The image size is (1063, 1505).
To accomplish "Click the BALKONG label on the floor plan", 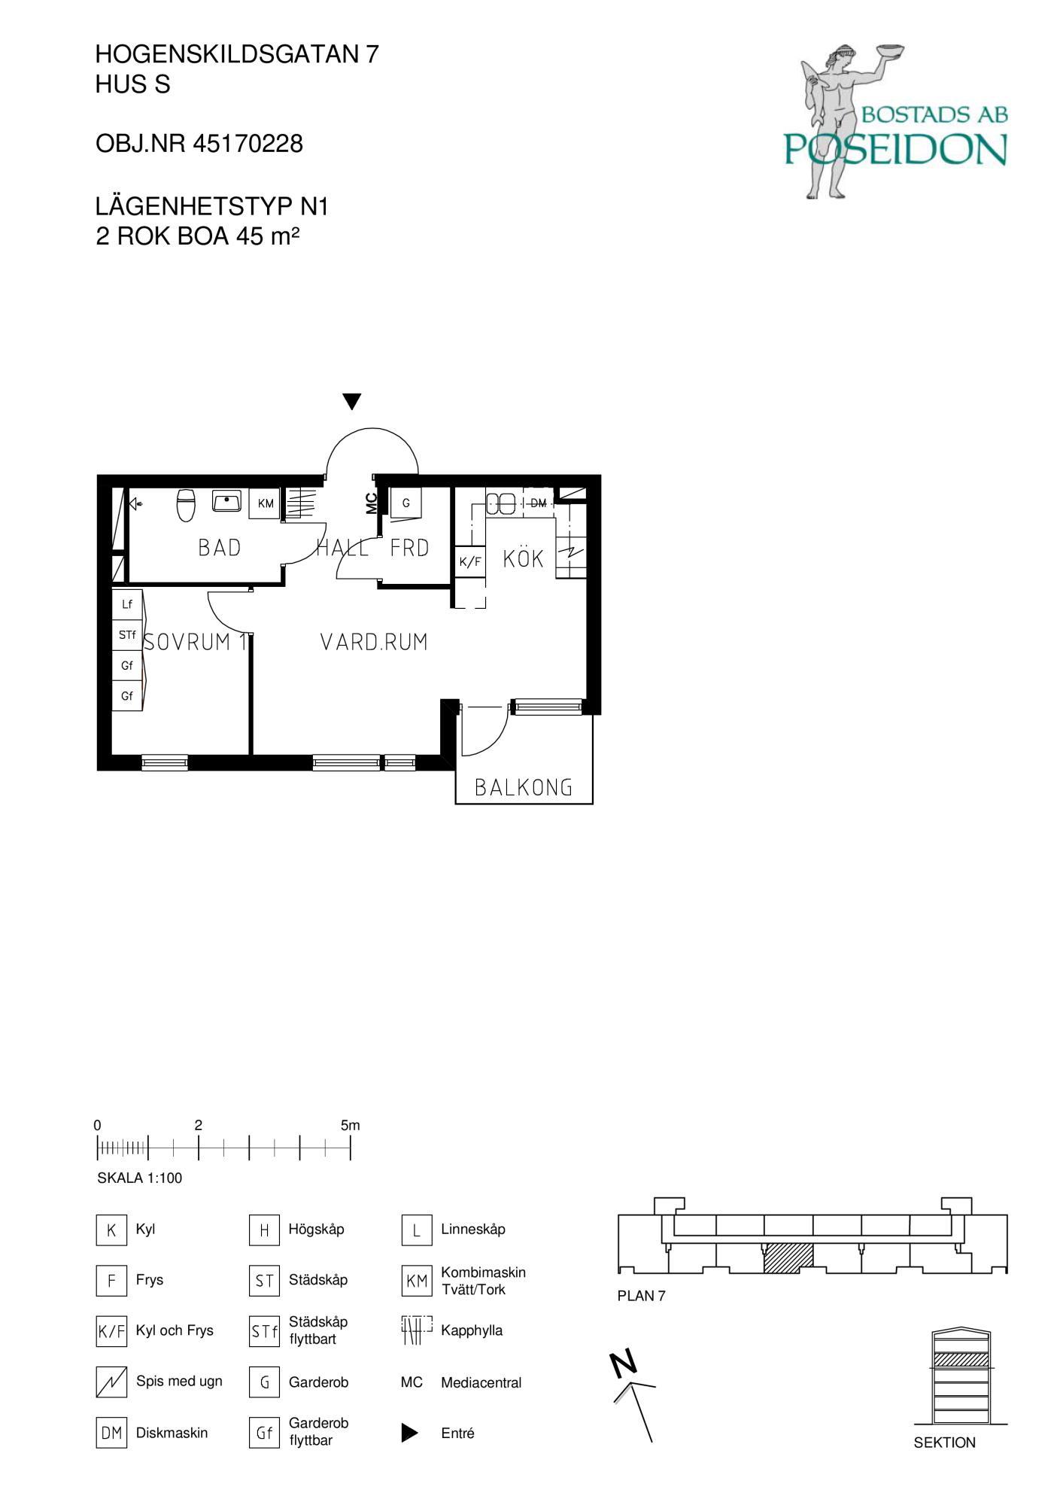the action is click(524, 787).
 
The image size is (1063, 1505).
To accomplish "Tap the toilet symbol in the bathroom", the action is click(186, 504).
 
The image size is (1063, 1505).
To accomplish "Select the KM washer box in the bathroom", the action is click(266, 503).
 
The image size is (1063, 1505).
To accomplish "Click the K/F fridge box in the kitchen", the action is click(470, 561).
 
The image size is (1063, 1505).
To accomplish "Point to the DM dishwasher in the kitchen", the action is click(539, 503).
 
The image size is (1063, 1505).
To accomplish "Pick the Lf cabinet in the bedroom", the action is click(127, 604).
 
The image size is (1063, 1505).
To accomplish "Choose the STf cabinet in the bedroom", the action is click(127, 635).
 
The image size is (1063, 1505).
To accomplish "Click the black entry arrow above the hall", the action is click(351, 401).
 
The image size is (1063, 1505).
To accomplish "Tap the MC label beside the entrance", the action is click(371, 503).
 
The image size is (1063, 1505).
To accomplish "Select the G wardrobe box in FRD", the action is click(405, 503).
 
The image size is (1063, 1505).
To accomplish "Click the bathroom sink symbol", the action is click(226, 500).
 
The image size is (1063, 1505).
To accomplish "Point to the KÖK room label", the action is click(524, 559).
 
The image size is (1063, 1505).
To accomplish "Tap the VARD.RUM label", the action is click(374, 642).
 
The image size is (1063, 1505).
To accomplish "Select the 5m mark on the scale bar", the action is click(351, 1126).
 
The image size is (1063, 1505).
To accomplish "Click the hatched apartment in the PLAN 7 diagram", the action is click(788, 1258).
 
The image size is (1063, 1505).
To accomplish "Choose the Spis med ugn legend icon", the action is click(111, 1382).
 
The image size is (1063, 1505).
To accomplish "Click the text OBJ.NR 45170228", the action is click(199, 144).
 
